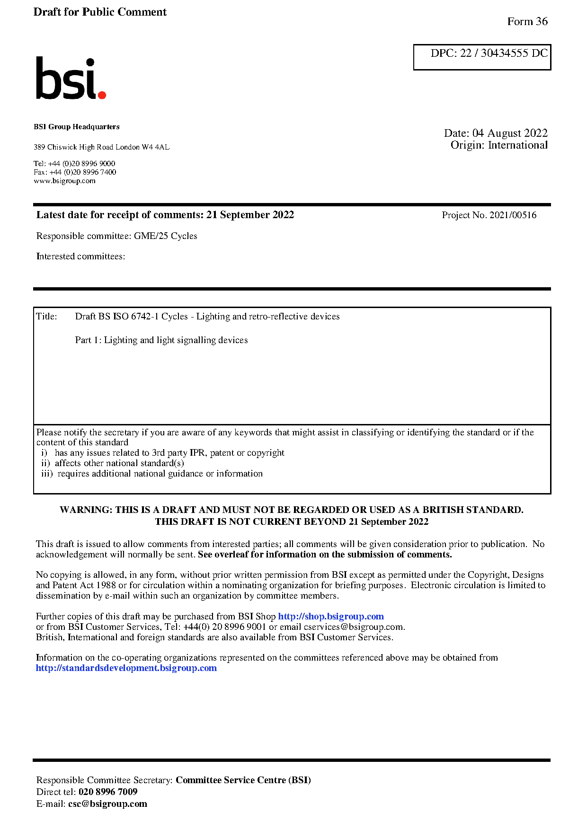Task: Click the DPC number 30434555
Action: (x=504, y=53)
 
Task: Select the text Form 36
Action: (x=527, y=21)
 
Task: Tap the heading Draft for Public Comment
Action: (x=100, y=12)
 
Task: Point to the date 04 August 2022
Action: (x=509, y=133)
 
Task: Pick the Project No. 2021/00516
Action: (x=489, y=215)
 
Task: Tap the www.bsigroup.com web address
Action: (x=64, y=181)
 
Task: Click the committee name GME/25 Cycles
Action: (x=165, y=236)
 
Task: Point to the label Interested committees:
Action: (x=80, y=256)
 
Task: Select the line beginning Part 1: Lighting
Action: (x=161, y=340)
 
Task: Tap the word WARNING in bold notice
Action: (x=86, y=510)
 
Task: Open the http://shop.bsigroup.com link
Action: (x=330, y=616)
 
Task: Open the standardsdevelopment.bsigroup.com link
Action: (x=126, y=668)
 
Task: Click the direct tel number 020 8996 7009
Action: (x=108, y=792)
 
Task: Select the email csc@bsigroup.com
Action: (x=107, y=804)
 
